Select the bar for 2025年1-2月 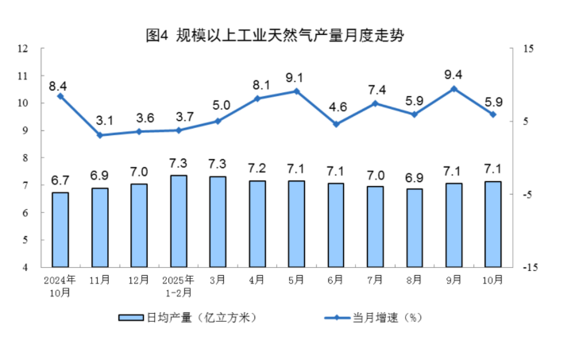point(179,221)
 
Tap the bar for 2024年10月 point(60,229)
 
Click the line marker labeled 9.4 point(454,89)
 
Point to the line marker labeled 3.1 point(100,135)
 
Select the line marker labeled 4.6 point(336,124)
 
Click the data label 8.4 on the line point(57,85)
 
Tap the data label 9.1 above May point(295,78)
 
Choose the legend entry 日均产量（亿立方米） point(187,317)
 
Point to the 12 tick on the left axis point(25,48)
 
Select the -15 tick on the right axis point(528,268)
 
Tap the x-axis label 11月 point(100,281)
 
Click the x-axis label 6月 point(336,281)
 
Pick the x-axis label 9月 point(454,281)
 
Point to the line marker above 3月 point(218,122)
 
